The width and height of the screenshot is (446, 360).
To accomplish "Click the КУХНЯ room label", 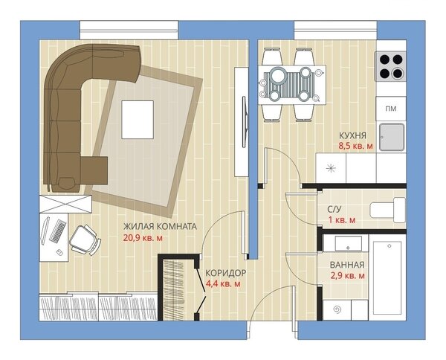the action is pyautogui.click(x=352, y=135).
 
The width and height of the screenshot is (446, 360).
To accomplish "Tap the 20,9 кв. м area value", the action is pyautogui.click(x=143, y=238).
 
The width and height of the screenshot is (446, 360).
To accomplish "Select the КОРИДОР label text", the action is pyautogui.click(x=226, y=273).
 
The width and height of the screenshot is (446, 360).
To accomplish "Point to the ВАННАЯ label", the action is pyautogui.click(x=347, y=265).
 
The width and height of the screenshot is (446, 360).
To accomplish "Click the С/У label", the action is pyautogui.click(x=334, y=209).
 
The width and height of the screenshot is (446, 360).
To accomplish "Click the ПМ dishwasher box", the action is pyautogui.click(x=391, y=109).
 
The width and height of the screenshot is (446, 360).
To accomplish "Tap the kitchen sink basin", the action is pyautogui.click(x=392, y=137).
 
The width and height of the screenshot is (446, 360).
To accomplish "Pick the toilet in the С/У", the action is pyautogui.click(x=387, y=210).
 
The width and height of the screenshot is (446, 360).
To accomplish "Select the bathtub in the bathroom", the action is pyautogui.click(x=387, y=277).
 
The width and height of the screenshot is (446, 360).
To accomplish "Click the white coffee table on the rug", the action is pyautogui.click(x=138, y=120).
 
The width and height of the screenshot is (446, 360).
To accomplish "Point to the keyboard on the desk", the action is pyautogui.click(x=58, y=231).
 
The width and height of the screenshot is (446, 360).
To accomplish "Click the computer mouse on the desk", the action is pyautogui.click(x=59, y=252).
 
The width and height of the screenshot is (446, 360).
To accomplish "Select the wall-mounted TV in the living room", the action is pyautogui.click(x=245, y=122).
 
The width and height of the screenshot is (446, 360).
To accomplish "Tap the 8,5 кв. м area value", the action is pyautogui.click(x=355, y=147).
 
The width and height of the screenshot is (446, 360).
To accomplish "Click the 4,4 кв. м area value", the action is pyautogui.click(x=223, y=283).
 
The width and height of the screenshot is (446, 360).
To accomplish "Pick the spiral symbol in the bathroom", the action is pyautogui.click(x=337, y=309).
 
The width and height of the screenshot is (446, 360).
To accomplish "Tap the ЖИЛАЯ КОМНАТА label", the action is pyautogui.click(x=160, y=227).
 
